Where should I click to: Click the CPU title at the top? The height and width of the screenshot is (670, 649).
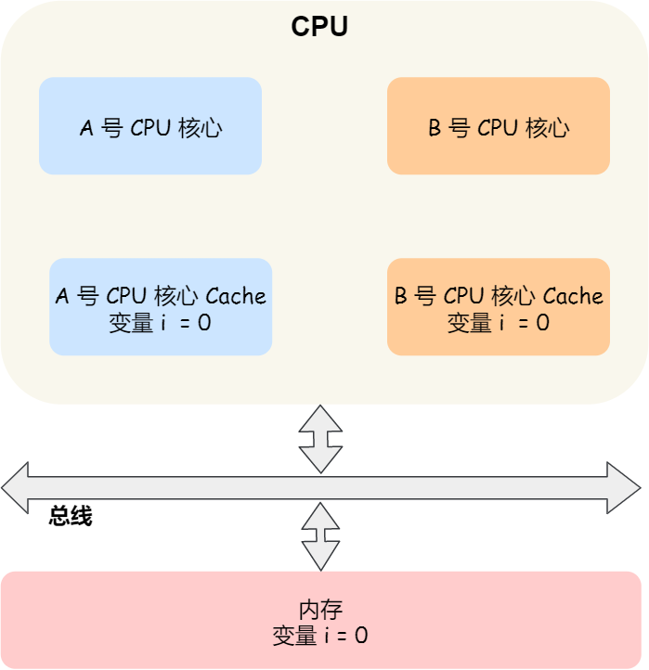319,26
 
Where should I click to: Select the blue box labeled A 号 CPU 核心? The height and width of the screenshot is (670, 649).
150,126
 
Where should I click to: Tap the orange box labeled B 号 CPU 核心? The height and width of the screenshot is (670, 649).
498,126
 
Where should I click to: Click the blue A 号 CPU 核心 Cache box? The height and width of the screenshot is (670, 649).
161,307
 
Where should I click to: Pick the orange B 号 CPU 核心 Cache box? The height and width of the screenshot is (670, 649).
498,307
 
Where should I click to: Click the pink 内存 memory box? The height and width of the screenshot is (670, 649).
320,620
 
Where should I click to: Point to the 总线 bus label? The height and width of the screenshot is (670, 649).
71,517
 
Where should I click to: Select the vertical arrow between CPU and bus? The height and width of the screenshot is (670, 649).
320,439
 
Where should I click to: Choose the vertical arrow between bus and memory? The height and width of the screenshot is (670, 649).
320,536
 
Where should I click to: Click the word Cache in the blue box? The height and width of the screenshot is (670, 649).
236,296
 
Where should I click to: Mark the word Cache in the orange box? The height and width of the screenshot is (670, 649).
573,296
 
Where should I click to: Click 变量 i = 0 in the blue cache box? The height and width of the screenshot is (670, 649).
161,323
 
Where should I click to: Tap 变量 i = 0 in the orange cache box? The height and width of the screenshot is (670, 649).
498,323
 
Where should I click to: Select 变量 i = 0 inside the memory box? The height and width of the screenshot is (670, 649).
320,636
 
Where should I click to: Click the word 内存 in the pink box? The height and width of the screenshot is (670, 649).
320,610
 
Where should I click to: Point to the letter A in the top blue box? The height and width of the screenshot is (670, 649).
86,128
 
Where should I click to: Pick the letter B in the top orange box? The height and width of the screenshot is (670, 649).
435,128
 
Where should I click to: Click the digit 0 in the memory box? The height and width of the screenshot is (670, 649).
361,636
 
